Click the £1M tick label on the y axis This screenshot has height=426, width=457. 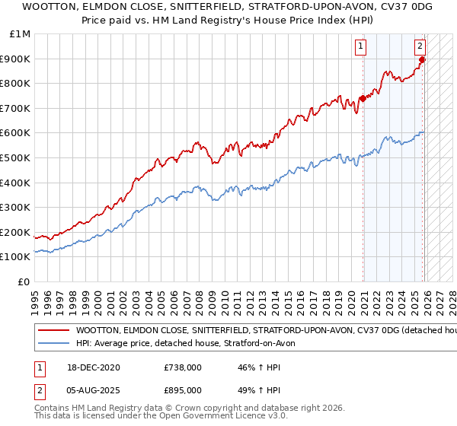click(19, 34)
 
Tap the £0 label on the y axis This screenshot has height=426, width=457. click(24, 281)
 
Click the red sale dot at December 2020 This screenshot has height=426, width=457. click(363, 98)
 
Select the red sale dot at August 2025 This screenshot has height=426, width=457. click(423, 59)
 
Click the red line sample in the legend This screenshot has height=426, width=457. click(54, 331)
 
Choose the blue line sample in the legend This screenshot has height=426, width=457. click(54, 344)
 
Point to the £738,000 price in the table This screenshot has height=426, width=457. click(183, 367)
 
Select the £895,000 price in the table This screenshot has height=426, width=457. click(183, 389)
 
